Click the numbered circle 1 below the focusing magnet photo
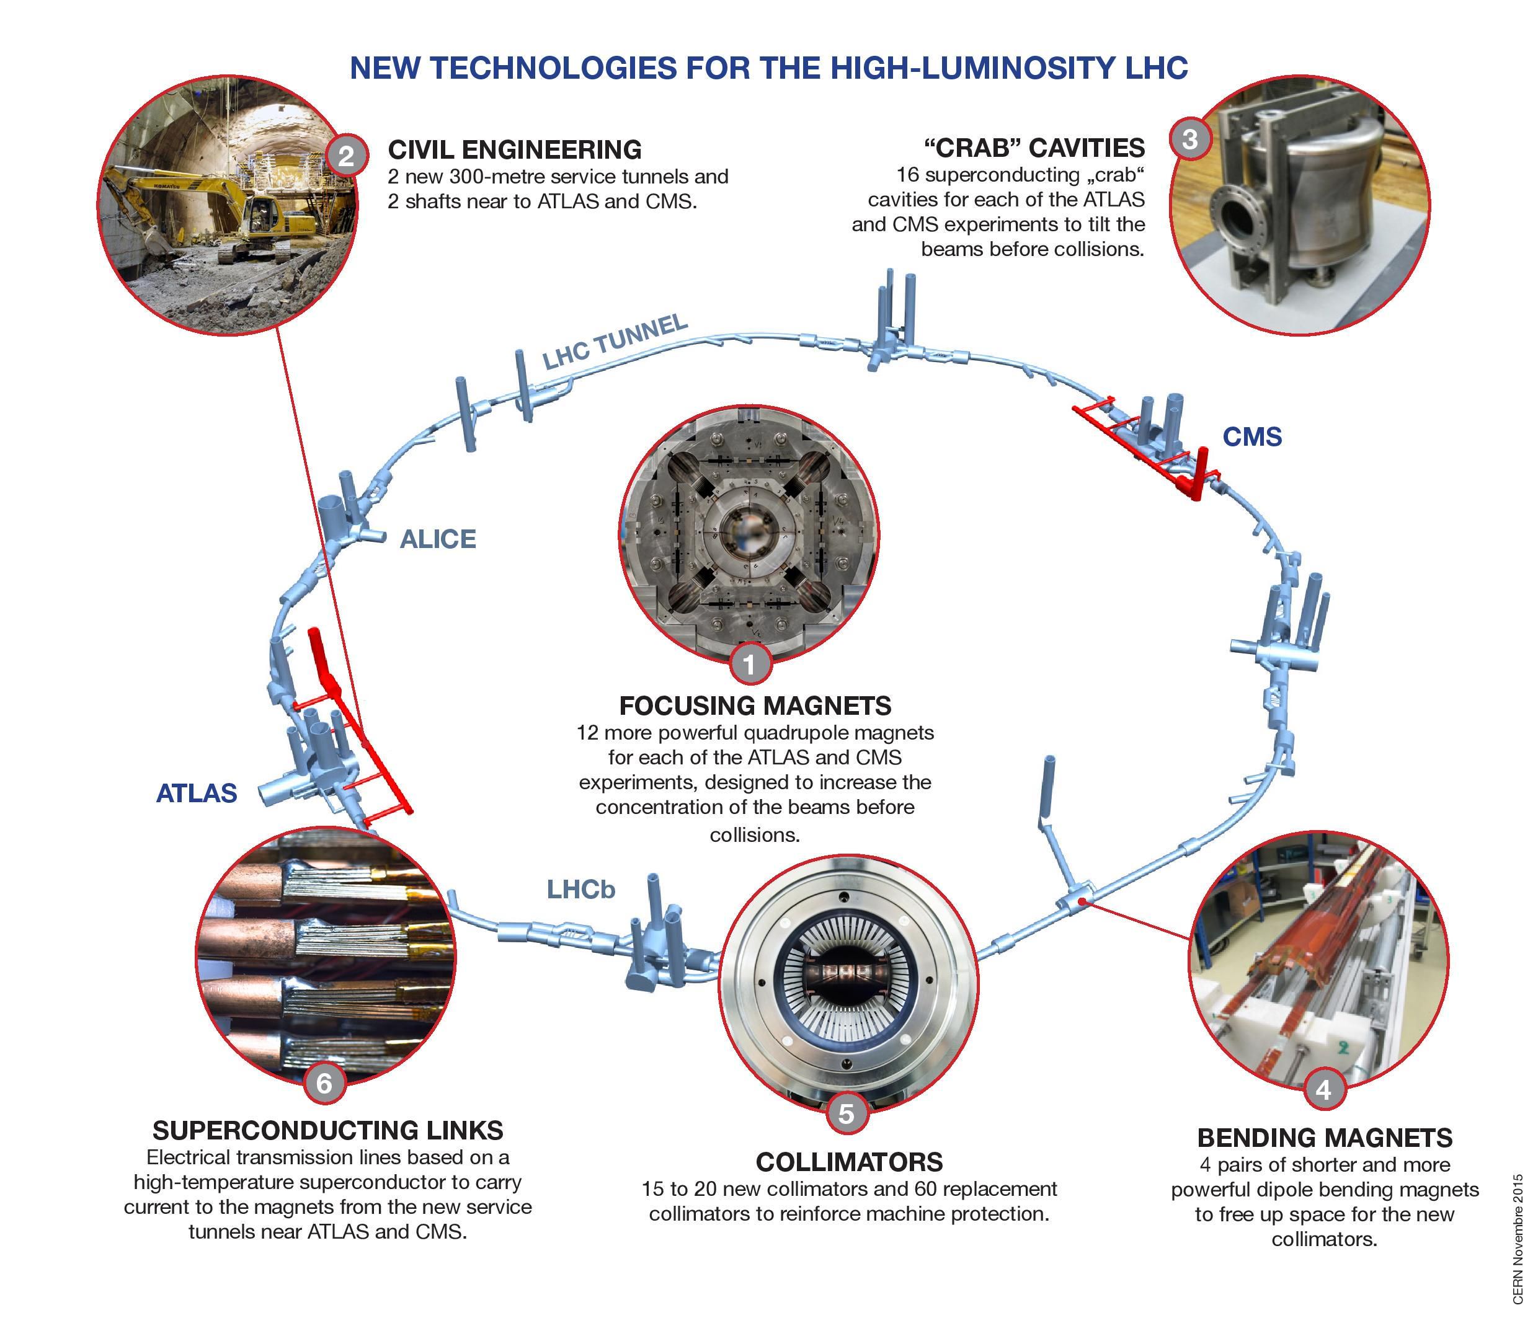point(750,663)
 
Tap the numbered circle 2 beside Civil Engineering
point(346,156)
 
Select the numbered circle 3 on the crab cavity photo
point(1190,139)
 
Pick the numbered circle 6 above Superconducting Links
point(324,1083)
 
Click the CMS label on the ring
point(1251,436)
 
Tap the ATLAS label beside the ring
point(196,794)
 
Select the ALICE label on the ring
point(437,539)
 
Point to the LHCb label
point(580,889)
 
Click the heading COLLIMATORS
point(848,1161)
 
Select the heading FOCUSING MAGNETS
point(755,705)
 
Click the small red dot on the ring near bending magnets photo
point(1082,901)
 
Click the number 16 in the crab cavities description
point(908,175)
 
